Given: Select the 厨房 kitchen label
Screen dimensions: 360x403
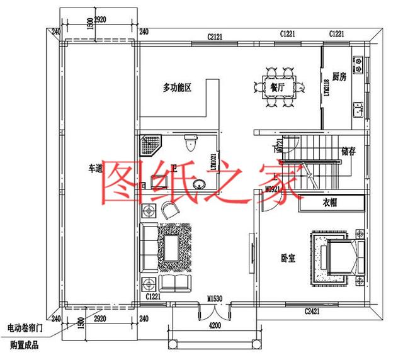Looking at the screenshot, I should point(339,76).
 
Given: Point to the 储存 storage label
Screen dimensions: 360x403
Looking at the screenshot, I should point(349,152).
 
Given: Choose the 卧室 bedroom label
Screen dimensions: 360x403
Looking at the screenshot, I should point(288,258).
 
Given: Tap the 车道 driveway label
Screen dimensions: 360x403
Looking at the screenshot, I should point(95,169).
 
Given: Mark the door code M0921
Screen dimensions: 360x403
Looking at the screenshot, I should point(272,189).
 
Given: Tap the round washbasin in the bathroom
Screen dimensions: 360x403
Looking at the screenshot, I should point(200,184).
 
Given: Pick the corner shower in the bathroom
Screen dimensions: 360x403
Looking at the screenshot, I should point(150,145).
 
